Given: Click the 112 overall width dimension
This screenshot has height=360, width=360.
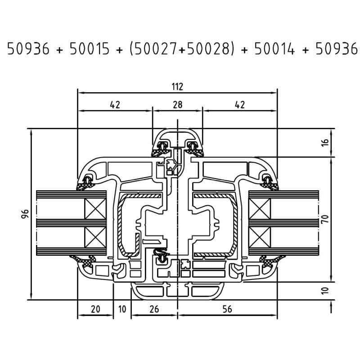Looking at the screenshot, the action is coord(177,87).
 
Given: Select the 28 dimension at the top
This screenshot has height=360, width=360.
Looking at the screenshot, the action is coord(178,105).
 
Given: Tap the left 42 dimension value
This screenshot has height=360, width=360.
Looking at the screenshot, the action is coord(115,105).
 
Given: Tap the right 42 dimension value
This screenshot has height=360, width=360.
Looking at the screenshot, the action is coord(240,105).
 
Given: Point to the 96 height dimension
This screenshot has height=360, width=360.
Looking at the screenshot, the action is coord(25,214).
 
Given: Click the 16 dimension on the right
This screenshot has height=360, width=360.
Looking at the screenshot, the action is coord(325,142).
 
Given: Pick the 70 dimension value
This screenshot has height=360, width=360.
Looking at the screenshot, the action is coord(325,219).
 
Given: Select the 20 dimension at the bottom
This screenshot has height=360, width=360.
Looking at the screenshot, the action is coord(95,309).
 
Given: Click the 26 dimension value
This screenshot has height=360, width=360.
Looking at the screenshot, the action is coord(154,309).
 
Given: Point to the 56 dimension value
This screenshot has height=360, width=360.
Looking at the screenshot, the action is coord(227,309).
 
